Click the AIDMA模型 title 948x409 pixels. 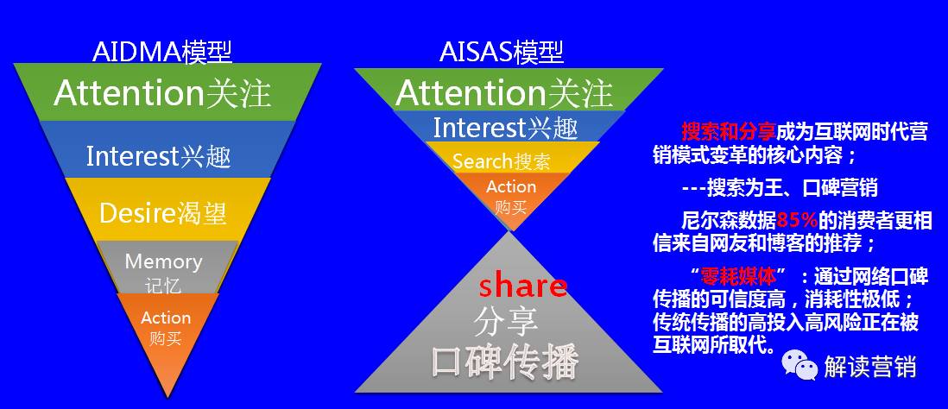(x=161, y=52)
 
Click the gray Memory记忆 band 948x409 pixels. (x=163, y=271)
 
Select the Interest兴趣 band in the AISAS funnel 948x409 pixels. (x=504, y=128)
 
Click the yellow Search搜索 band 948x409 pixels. (x=501, y=161)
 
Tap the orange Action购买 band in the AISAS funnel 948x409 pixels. (x=511, y=197)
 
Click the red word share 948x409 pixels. (x=523, y=286)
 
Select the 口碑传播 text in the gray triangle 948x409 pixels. (x=504, y=361)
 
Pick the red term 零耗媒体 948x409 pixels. (x=734, y=275)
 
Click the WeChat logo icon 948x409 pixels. (x=799, y=366)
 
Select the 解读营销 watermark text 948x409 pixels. (x=869, y=367)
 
